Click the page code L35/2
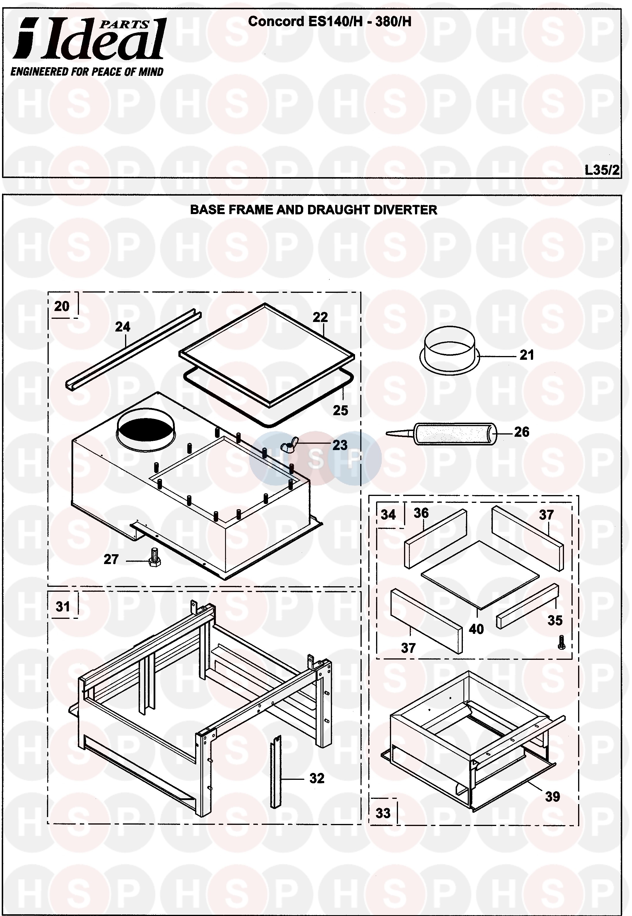(601, 170)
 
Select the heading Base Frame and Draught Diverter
(313, 210)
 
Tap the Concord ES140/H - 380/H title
(329, 21)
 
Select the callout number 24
(122, 327)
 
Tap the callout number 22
(320, 317)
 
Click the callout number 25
(340, 410)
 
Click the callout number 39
(552, 796)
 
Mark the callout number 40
(476, 629)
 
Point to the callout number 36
(421, 513)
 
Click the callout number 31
(63, 606)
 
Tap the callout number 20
(62, 306)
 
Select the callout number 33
(383, 813)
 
